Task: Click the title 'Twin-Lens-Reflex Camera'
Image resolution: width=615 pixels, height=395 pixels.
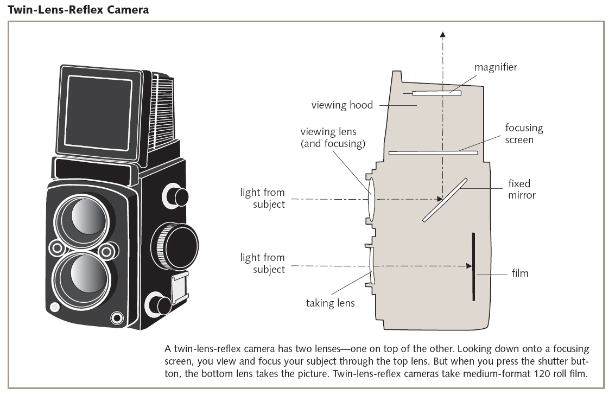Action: pyautogui.click(x=78, y=9)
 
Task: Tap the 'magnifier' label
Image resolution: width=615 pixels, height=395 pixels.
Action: pyautogui.click(x=496, y=67)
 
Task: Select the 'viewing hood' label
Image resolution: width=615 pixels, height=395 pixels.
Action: pyautogui.click(x=342, y=105)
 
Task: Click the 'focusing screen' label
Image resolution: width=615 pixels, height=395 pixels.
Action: pyautogui.click(x=524, y=133)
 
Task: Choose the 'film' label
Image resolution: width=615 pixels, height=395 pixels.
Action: pyautogui.click(x=519, y=273)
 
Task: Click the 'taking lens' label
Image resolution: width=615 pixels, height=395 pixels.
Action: pyautogui.click(x=330, y=303)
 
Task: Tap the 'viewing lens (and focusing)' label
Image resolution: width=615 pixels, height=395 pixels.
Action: pyautogui.click(x=333, y=138)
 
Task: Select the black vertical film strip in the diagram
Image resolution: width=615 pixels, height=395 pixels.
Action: pyautogui.click(x=473, y=266)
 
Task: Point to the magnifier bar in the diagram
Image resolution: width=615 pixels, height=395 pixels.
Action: pyautogui.click(x=436, y=93)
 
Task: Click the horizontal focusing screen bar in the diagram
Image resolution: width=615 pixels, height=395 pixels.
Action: pyautogui.click(x=433, y=153)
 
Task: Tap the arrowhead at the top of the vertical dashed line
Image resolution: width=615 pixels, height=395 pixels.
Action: pyautogui.click(x=443, y=35)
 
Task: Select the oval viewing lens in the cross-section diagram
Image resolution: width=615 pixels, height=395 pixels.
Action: pyautogui.click(x=372, y=199)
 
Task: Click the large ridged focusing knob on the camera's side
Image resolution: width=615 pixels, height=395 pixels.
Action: pyautogui.click(x=174, y=242)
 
